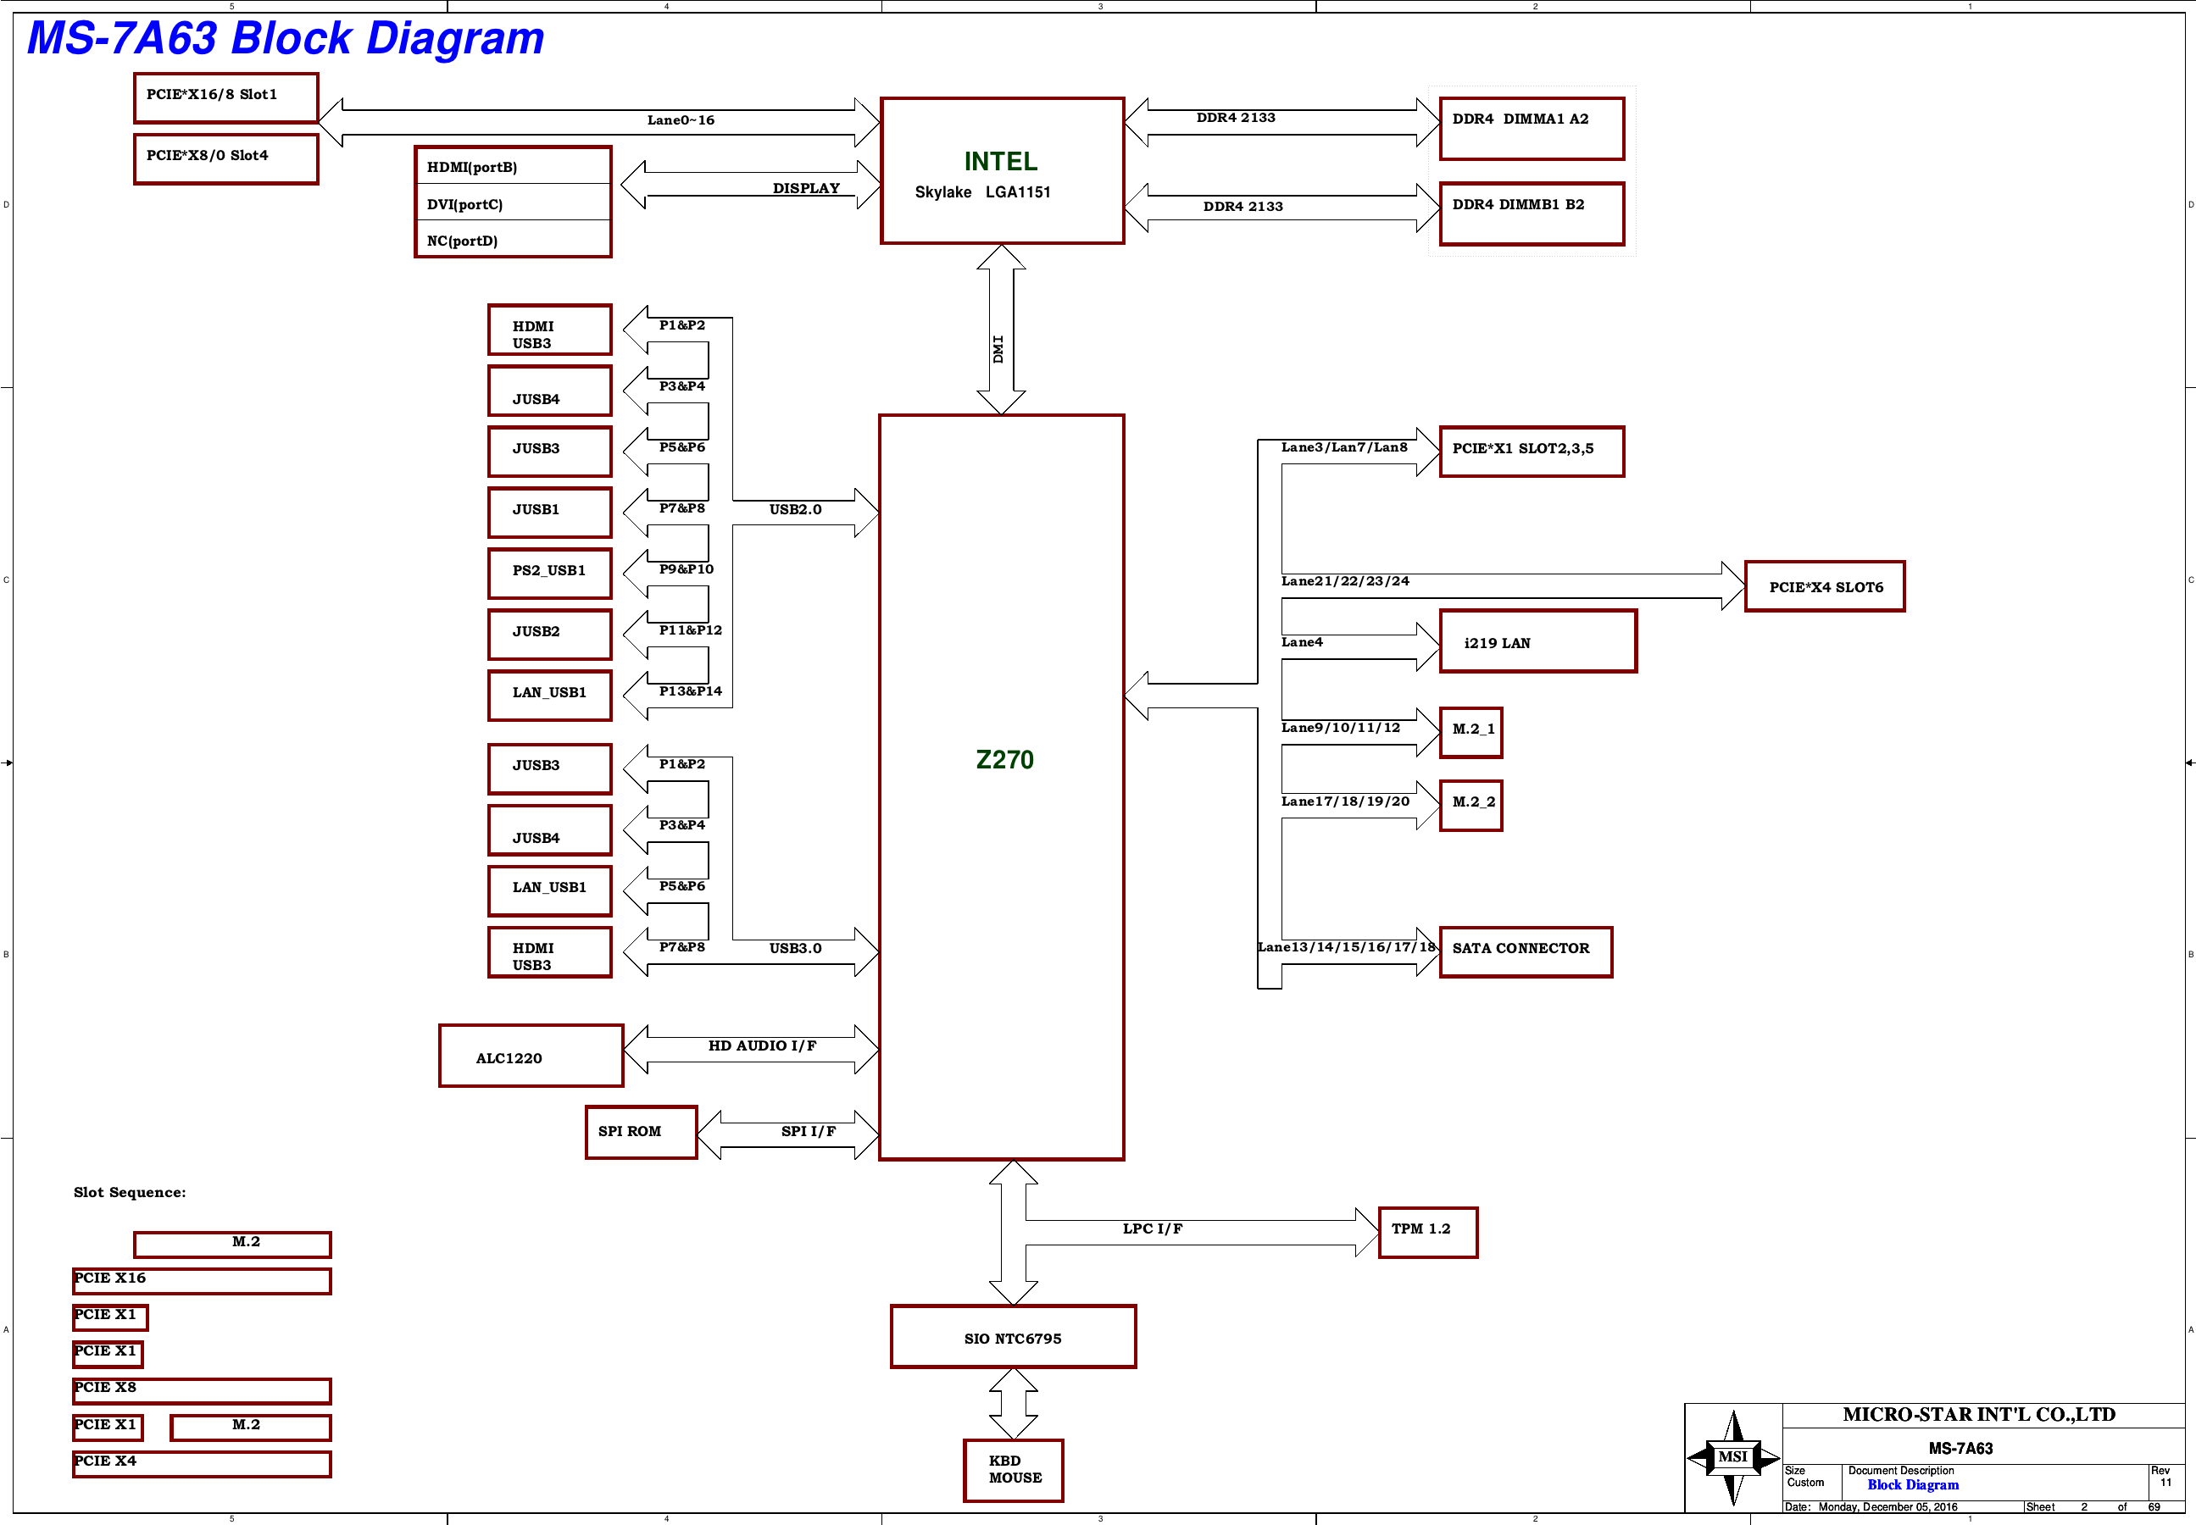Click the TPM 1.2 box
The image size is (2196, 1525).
click(x=1427, y=1233)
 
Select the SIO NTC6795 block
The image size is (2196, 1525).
click(x=1013, y=1337)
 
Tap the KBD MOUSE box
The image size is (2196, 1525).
click(x=1013, y=1471)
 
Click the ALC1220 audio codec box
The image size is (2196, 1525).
click(x=531, y=1056)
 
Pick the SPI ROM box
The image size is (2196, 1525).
click(x=642, y=1132)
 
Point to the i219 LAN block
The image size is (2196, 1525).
click(x=1537, y=641)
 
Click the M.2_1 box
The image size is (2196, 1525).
click(x=1471, y=733)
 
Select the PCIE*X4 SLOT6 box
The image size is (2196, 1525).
click(x=1824, y=585)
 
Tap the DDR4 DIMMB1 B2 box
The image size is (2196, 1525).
click(x=1532, y=214)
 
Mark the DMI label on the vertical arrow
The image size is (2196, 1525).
click(x=998, y=349)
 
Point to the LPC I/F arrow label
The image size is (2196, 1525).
click(x=1153, y=1228)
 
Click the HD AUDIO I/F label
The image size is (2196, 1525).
click(x=762, y=1045)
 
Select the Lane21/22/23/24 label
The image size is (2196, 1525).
click(x=1346, y=581)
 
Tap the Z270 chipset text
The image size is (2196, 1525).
click(x=1004, y=760)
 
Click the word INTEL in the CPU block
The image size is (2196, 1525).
click(x=1000, y=162)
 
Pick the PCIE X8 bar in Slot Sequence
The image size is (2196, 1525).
click(x=202, y=1390)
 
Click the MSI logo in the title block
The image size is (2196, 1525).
click(x=1733, y=1456)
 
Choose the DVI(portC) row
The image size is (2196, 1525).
click(x=513, y=203)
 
